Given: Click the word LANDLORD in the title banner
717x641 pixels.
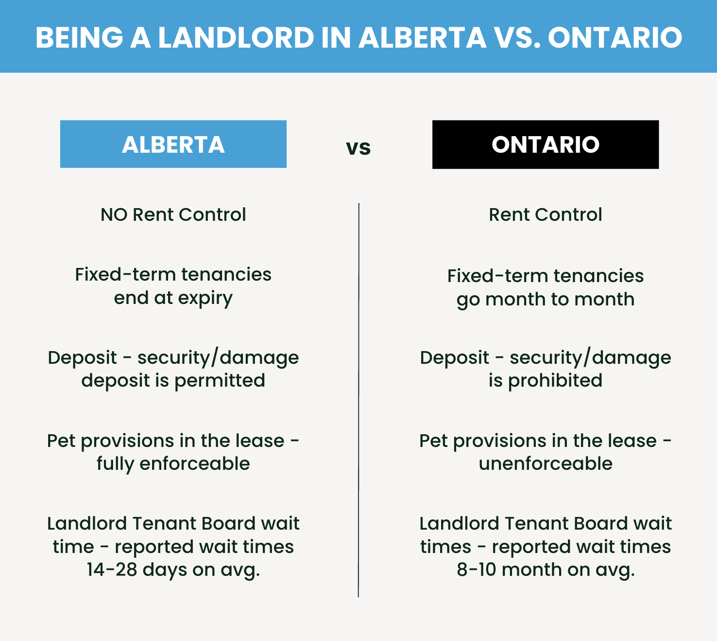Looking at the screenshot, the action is click(x=236, y=37).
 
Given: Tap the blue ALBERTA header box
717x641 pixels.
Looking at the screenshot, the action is click(x=173, y=144).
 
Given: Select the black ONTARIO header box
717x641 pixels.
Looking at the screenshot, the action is click(x=546, y=144).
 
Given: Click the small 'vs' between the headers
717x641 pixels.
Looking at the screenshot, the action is click(x=358, y=148).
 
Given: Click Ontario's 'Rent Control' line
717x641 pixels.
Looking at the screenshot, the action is click(x=546, y=215).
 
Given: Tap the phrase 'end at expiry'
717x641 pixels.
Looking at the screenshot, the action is click(x=173, y=299).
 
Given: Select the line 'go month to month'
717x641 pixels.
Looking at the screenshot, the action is click(x=546, y=300).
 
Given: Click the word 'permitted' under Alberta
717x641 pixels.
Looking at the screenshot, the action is click(x=220, y=381).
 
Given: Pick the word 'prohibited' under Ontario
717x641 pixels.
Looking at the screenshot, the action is click(x=555, y=381).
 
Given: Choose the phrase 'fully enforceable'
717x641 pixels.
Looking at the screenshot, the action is click(x=173, y=464).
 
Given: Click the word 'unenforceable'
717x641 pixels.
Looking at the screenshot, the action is click(x=546, y=464).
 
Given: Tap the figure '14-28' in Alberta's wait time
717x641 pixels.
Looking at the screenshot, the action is click(x=112, y=570).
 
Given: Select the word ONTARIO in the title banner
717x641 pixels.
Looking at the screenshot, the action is click(x=615, y=37).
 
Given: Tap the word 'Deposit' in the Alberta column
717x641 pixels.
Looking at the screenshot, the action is click(x=82, y=358).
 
